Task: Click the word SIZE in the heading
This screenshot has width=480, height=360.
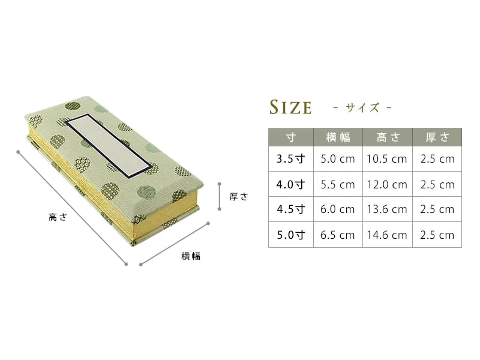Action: click(290, 107)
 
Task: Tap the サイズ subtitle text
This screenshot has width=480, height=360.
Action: click(362, 107)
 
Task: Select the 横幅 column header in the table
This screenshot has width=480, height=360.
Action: click(338, 137)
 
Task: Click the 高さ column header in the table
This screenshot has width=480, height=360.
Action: click(388, 137)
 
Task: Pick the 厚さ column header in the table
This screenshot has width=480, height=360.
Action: click(437, 137)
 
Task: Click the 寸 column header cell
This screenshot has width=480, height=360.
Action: click(291, 137)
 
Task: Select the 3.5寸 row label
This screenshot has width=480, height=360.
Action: click(291, 159)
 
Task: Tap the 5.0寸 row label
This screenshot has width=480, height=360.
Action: click(291, 235)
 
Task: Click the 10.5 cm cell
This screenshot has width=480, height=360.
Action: click(387, 159)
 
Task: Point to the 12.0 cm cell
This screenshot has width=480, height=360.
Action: click(387, 185)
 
